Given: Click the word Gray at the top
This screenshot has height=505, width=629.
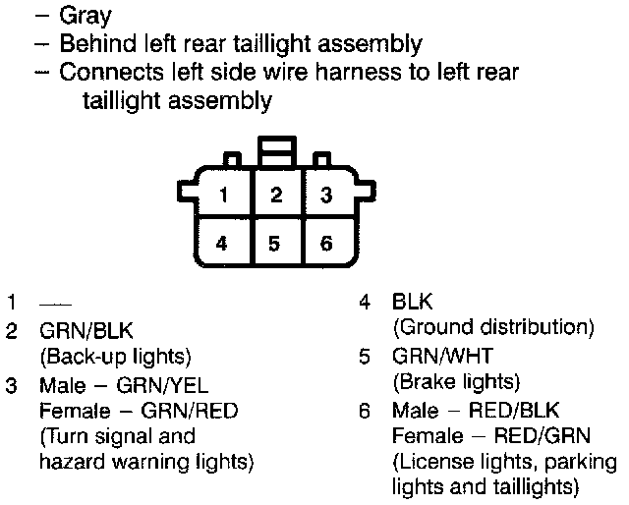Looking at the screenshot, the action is pyautogui.click(x=85, y=16).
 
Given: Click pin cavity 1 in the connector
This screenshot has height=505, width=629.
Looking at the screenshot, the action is pyautogui.click(x=224, y=195).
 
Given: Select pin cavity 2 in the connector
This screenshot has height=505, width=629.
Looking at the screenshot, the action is pyautogui.click(x=277, y=195).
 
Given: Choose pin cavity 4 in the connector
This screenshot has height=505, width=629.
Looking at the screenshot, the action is pyautogui.click(x=224, y=242).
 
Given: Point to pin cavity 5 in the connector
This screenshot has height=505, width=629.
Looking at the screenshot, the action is pyautogui.click(x=277, y=242).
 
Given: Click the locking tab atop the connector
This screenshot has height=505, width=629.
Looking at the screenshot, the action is pyautogui.click(x=276, y=152).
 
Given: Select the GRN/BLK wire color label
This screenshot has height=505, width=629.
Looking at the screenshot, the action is pyautogui.click(x=86, y=331).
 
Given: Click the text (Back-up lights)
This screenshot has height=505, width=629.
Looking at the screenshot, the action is pyautogui.click(x=115, y=356).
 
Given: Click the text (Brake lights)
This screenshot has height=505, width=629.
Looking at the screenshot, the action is pyautogui.click(x=455, y=380).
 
